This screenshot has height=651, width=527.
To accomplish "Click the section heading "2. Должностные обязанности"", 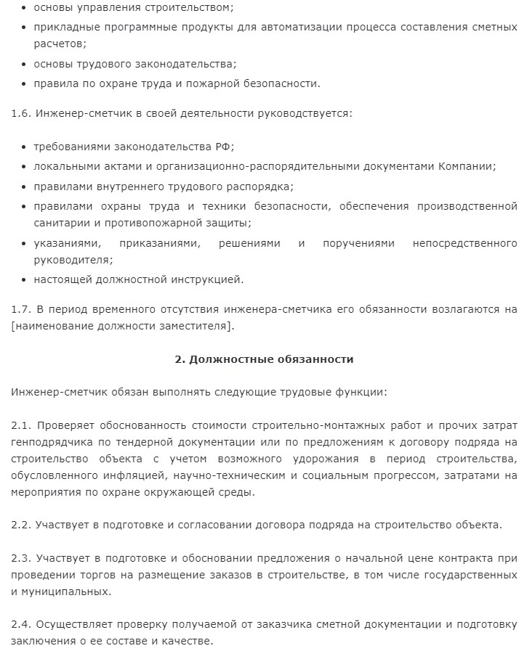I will [x=265, y=359].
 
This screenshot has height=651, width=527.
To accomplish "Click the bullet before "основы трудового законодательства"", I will [x=25, y=64].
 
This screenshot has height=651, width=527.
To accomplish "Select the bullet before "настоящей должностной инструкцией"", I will [x=25, y=279].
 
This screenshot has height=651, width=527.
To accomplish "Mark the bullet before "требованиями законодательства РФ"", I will [x=25, y=146].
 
